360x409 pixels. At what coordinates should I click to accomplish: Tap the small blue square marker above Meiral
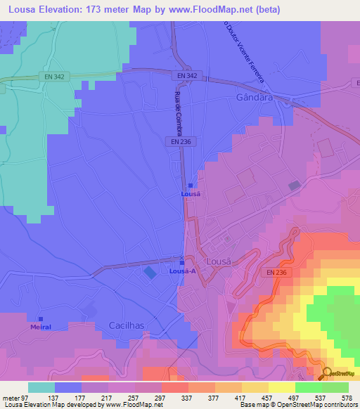[x=41, y=318]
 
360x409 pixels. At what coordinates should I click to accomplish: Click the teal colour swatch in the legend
[x=41, y=387]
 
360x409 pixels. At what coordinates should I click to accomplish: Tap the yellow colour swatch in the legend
[x=281, y=387]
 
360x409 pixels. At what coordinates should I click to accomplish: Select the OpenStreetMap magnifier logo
[x=327, y=374]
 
